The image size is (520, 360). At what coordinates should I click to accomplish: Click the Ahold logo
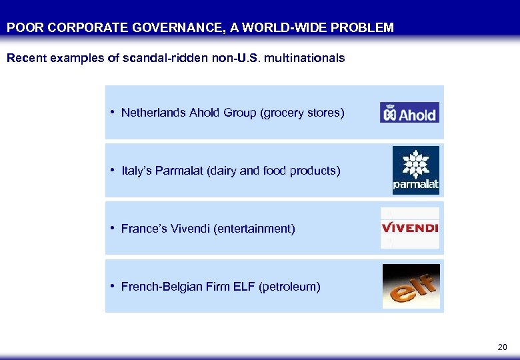pos(409,113)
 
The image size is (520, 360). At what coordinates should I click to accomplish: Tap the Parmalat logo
pos(415,171)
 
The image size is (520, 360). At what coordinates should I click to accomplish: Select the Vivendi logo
pos(409,228)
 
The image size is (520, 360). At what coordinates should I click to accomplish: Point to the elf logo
pos(411,286)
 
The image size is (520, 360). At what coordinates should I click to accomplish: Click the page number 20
pos(502,347)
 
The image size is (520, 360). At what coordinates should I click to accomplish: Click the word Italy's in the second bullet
pos(137,171)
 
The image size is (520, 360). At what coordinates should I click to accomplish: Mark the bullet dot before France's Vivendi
pos(114,228)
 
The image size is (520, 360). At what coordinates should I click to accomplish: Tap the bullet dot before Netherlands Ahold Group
pos(114,112)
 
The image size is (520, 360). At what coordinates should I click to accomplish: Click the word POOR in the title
pos(20,28)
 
